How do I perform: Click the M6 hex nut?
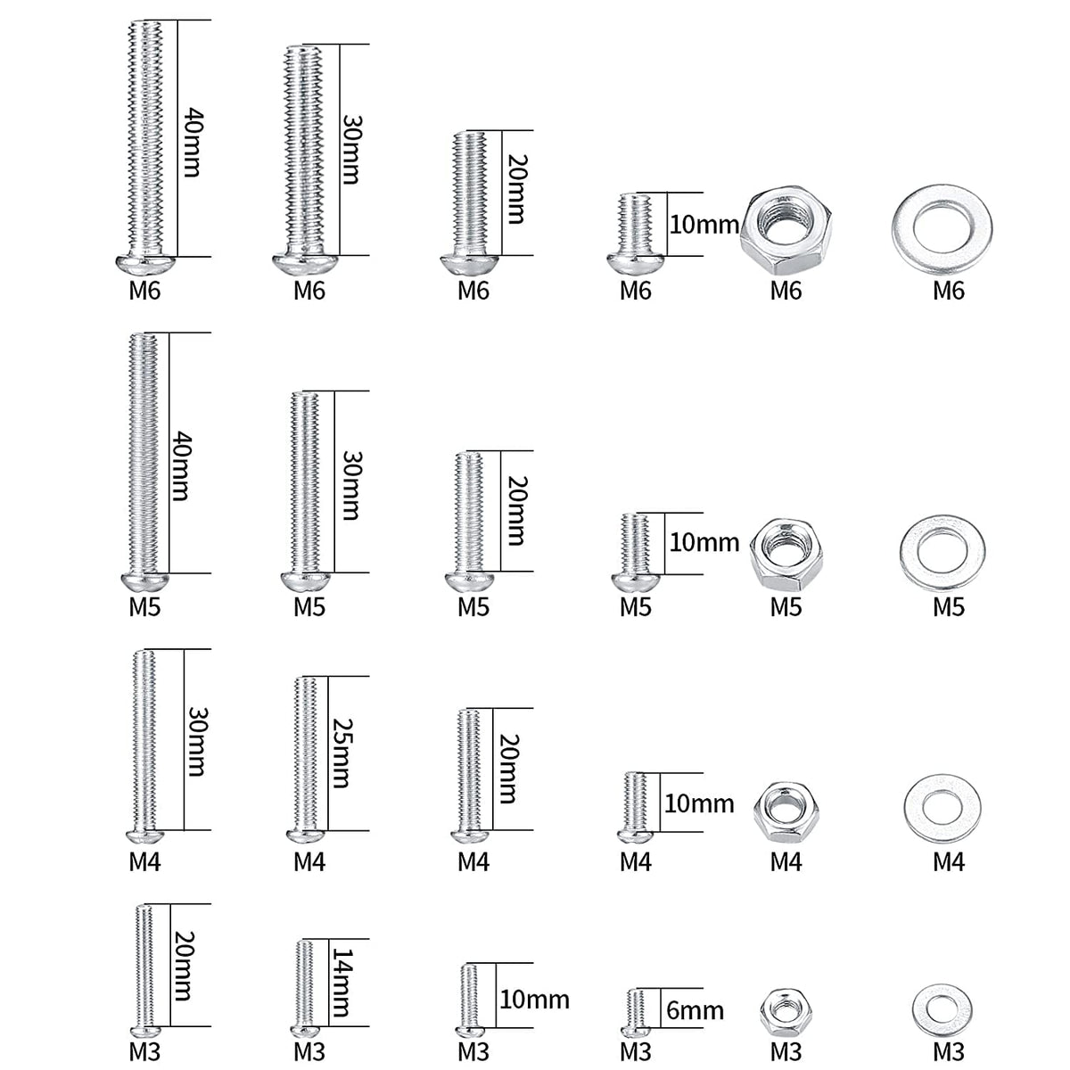786,231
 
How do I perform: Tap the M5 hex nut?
786,552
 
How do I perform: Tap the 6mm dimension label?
695,1010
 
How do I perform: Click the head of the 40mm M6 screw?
144,264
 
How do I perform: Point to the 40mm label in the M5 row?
180,465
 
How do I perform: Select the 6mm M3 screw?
635,1012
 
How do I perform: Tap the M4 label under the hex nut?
786,861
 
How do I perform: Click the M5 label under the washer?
949,607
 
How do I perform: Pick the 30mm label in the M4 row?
196,741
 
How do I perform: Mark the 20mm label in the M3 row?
182,966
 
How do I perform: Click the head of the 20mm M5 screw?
472,581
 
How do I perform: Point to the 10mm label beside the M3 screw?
534,999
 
